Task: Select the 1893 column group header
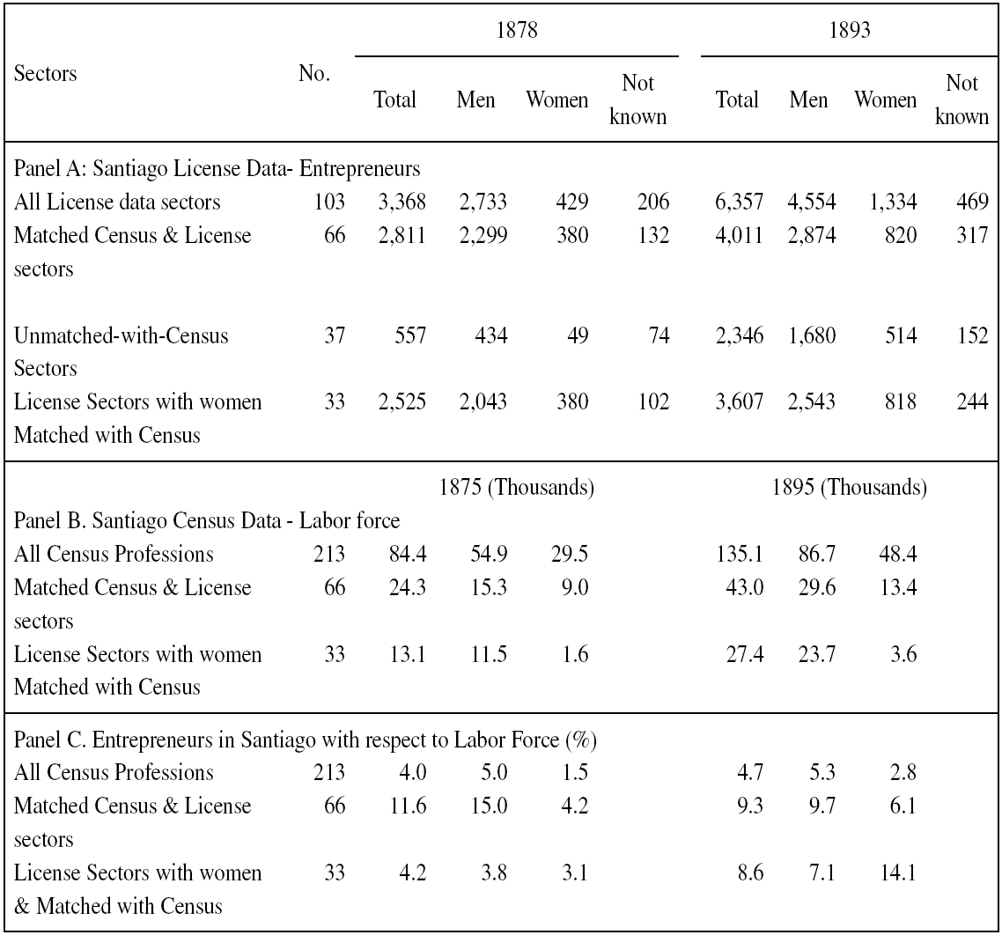(850, 28)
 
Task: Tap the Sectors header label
(46, 73)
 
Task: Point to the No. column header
(314, 73)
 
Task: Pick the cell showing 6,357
(737, 202)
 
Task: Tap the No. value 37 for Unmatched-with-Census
(334, 335)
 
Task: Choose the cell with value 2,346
(737, 335)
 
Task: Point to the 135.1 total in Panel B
(740, 555)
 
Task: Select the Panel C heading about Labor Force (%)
(306, 740)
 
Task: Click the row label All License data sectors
(117, 202)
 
